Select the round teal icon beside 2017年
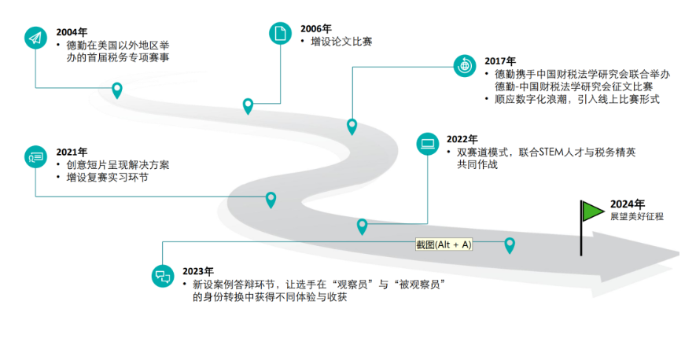465,65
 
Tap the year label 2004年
72,32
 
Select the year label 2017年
500,61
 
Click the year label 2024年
627,204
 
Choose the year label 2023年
198,270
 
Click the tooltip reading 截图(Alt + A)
444,244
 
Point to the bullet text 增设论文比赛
341,42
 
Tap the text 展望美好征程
636,216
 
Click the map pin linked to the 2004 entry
117,90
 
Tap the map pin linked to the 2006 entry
249,105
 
